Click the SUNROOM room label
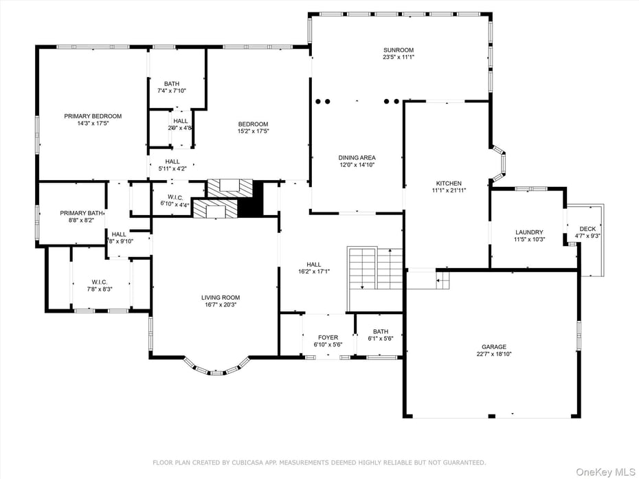pos(399,49)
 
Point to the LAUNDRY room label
pos(529,232)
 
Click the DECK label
pos(587,229)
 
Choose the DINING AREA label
pos(357,157)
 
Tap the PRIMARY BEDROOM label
pos(93,116)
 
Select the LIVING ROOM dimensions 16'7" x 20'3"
pos(221,305)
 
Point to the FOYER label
pos(328,337)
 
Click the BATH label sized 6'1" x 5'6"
pos(381,331)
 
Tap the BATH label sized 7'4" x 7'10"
pos(172,83)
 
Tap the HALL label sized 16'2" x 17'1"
pos(313,264)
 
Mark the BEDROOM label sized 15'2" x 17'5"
pos(253,124)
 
